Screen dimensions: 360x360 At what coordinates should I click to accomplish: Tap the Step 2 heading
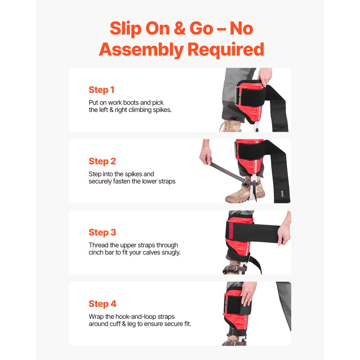102,161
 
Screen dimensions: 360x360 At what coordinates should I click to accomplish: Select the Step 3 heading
102,233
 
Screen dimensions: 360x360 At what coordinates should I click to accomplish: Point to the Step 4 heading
102,304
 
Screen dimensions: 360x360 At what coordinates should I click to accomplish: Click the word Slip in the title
125,29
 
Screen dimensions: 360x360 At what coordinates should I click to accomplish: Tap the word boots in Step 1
138,103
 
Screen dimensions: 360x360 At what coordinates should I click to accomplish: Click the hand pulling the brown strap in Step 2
206,156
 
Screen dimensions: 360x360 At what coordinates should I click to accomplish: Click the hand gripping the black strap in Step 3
284,230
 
